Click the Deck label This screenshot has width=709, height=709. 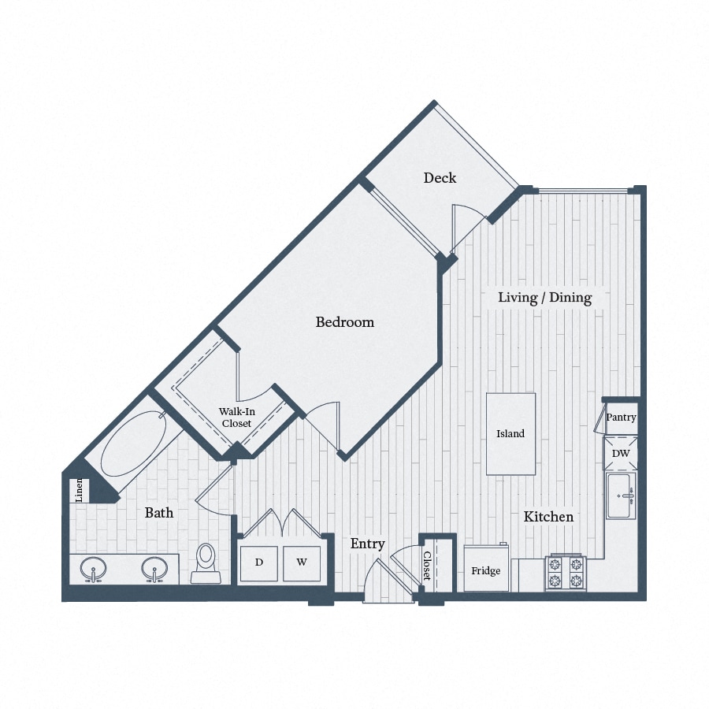(x=440, y=178)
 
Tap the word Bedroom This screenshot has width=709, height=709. (x=344, y=322)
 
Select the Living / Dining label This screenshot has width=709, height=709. (x=544, y=298)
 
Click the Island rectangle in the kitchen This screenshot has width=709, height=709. (x=510, y=434)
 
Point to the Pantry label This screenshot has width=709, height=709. (x=621, y=418)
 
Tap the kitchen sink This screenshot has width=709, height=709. (x=621, y=496)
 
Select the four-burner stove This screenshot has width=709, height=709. (x=566, y=573)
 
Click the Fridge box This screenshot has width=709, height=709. (x=486, y=570)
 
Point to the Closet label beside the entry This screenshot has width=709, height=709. (x=427, y=566)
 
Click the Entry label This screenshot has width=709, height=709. (x=367, y=544)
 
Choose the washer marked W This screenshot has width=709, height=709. (x=301, y=562)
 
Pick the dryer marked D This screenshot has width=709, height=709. (x=258, y=562)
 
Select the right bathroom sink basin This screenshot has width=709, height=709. (x=154, y=568)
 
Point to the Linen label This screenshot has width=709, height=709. (x=79, y=492)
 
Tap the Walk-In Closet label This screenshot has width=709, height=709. (x=235, y=418)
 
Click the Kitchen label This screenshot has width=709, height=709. (x=549, y=517)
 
